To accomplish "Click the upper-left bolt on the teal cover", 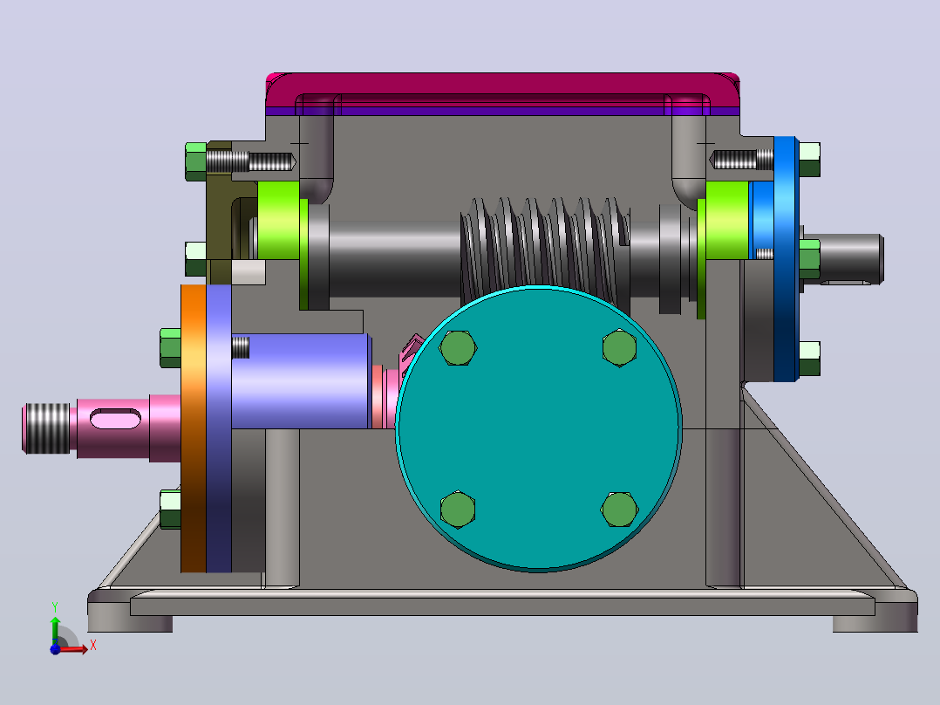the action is pos(458,348).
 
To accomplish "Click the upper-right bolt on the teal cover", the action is pos(619,347).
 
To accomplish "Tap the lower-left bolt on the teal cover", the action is pos(458,510).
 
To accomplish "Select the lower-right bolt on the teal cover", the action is pos(619,510).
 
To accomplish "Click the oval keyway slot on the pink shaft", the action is pos(116,419).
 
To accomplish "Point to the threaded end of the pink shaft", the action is pos(47,428).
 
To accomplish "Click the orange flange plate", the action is pos(194,428).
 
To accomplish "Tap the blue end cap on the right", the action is pos(786,258).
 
